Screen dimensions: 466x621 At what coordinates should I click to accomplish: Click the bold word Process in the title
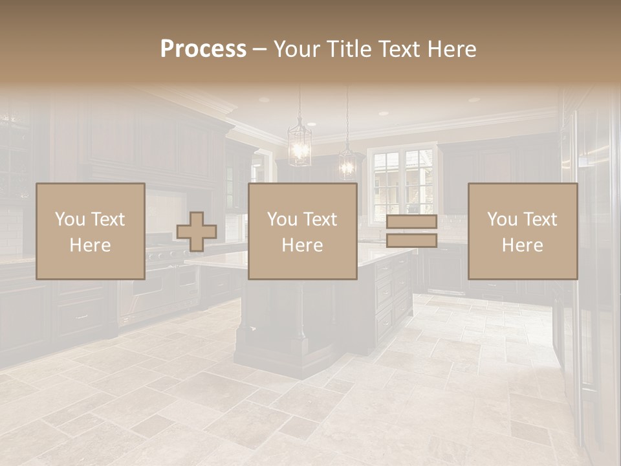point(203,49)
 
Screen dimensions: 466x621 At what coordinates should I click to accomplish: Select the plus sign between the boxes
point(197,231)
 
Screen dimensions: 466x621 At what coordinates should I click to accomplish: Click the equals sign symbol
point(411,231)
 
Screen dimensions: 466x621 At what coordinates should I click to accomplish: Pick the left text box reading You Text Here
point(91,231)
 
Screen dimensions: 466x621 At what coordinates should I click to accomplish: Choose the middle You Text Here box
point(302,231)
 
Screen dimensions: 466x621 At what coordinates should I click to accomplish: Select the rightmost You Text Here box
point(523,231)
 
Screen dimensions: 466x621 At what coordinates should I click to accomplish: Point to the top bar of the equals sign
point(411,222)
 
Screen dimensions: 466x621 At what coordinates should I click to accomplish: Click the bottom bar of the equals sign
point(411,241)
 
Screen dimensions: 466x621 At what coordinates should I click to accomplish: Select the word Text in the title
point(398,49)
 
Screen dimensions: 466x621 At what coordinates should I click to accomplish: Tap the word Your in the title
point(296,49)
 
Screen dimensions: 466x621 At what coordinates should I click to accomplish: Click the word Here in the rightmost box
point(523,245)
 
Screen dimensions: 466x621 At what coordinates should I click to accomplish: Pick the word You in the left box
point(69,219)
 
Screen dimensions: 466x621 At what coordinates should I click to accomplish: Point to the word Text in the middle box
point(320,219)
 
